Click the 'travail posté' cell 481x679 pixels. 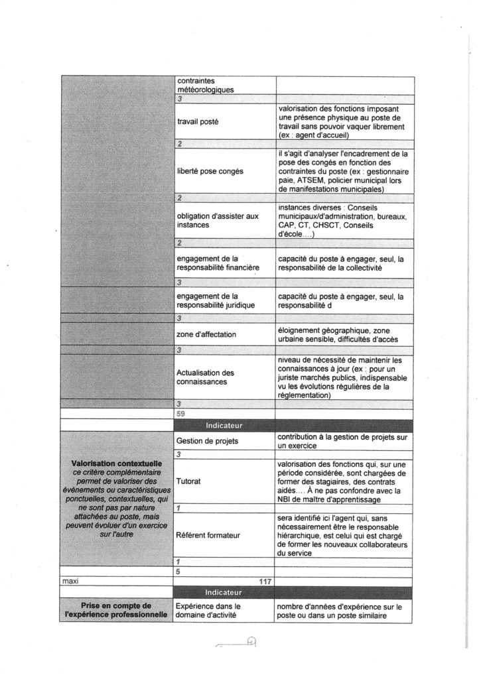pos(200,123)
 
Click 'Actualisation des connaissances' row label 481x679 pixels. pos(206,378)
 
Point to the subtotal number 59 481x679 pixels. pos(181,413)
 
